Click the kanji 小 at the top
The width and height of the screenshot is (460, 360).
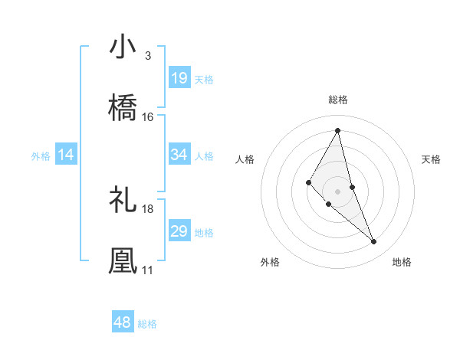point(123,47)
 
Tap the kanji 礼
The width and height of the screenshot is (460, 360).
point(123,200)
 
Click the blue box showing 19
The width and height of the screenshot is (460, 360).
point(179,78)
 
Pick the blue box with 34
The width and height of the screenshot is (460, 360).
point(179,155)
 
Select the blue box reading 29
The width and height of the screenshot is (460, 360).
point(179,231)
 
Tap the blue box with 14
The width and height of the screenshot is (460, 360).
point(66,155)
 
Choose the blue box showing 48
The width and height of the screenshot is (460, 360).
point(123,322)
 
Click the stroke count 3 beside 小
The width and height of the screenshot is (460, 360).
point(147,56)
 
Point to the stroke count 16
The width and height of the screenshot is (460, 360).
point(148,117)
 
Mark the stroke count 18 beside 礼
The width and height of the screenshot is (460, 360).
point(148,208)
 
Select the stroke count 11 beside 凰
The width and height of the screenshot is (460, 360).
point(148,270)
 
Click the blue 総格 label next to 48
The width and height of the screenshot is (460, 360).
point(147,324)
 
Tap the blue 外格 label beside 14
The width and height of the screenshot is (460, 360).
point(41,156)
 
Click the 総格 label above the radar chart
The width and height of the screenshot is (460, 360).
point(337,100)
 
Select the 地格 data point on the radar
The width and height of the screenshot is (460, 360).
point(374,241)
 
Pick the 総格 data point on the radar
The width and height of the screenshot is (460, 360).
point(337,131)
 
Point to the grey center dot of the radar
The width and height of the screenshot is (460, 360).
point(337,191)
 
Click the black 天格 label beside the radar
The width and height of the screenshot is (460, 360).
point(432,159)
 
